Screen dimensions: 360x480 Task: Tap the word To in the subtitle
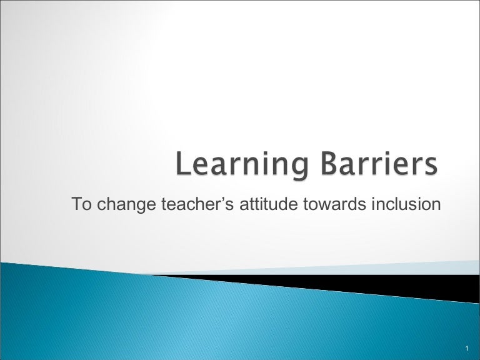point(80,204)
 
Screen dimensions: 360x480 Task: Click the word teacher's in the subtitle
point(184,204)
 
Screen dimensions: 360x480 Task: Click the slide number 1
point(467,347)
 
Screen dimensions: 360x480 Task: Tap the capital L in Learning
point(182,166)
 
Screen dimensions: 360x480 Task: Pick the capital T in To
point(76,204)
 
